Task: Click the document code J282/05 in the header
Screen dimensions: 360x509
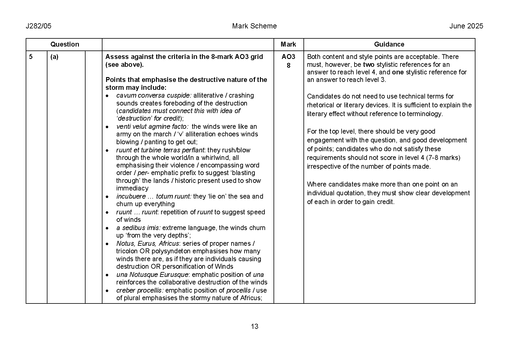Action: click(39, 26)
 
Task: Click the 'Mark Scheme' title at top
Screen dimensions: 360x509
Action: click(254, 26)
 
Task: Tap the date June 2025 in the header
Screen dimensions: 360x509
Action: click(466, 26)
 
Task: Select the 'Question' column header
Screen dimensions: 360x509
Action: click(64, 44)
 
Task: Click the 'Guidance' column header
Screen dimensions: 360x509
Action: click(389, 44)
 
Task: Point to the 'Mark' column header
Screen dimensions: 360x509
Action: click(288, 44)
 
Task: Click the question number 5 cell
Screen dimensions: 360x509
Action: click(31, 57)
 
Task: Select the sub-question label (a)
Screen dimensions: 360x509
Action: click(54, 57)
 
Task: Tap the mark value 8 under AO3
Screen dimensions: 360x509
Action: click(288, 65)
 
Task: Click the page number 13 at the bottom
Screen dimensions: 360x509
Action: click(254, 326)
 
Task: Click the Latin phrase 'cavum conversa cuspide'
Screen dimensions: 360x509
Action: click(154, 96)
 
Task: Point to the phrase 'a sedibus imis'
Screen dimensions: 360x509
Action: click(138, 228)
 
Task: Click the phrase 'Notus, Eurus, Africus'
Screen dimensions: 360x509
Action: click(148, 244)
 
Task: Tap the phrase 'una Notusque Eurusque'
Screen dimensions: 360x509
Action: click(152, 275)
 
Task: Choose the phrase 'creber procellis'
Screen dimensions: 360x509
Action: click(140, 290)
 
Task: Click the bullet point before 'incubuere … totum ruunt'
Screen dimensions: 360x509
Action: click(107, 197)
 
